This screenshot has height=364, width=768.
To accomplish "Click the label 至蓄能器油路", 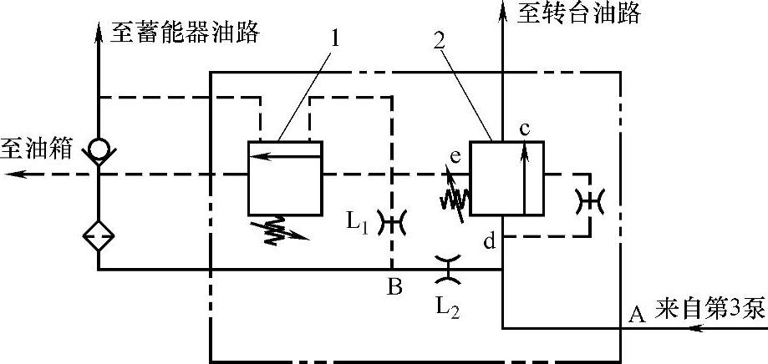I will tap(185, 34).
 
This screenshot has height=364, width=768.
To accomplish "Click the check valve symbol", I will tap(98, 149).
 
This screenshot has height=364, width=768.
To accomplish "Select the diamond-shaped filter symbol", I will tap(98, 236).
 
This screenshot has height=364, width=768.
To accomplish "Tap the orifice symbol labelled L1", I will tap(390, 222).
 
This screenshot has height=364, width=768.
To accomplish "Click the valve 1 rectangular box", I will tap(284, 177).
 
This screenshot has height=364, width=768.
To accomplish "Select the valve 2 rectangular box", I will tap(506, 179).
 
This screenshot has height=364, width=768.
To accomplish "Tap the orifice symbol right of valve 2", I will tap(590, 200).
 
